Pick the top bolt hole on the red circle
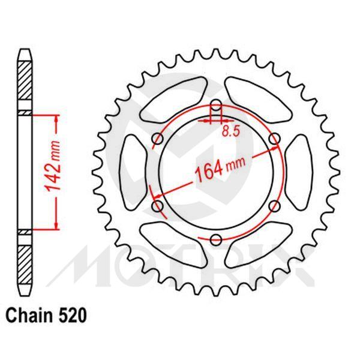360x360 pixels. point(216,108)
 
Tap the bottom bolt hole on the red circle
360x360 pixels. point(216,240)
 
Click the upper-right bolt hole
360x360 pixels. point(274,140)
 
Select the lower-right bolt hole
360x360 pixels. point(274,207)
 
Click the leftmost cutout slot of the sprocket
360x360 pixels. point(133,173)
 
